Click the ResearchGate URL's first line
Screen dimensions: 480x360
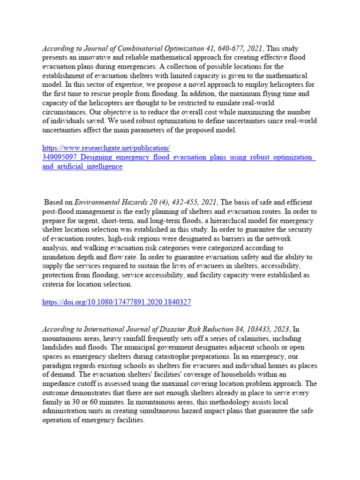click(x=106, y=148)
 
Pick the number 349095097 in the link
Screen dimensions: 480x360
click(x=59, y=157)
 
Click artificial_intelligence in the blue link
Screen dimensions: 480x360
click(x=82, y=166)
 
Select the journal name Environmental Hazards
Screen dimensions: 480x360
click(x=110, y=202)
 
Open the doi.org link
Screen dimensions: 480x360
click(x=116, y=302)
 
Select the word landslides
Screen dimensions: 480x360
click(x=59, y=347)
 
